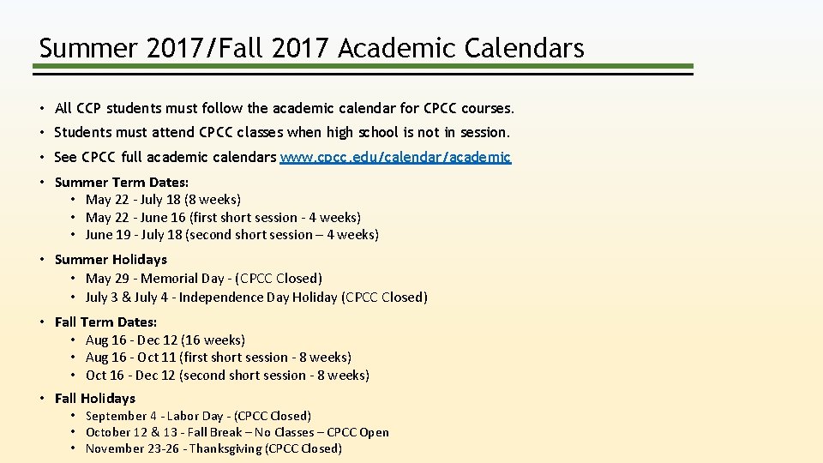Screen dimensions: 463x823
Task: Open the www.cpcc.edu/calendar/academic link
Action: [395, 157]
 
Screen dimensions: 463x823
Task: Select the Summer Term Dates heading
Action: [122, 182]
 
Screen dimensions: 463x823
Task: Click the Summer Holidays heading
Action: [111, 259]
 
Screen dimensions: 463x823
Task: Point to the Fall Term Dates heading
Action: [105, 322]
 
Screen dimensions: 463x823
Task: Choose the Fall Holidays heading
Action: [94, 398]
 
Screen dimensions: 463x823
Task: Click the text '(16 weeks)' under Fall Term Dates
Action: [213, 340]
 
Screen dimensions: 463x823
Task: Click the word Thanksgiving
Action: [225, 448]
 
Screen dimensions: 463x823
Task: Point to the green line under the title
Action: [364, 66]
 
